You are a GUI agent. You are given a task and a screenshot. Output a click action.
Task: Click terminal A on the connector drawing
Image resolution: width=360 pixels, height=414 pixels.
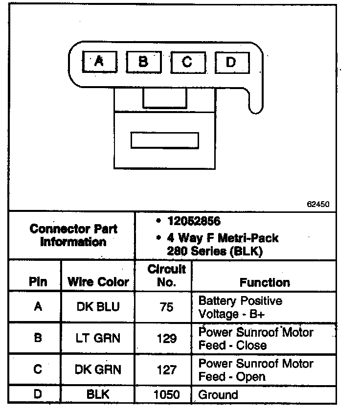[x=99, y=62]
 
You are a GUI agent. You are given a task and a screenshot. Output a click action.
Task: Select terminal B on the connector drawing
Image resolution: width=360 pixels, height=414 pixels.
[x=143, y=62]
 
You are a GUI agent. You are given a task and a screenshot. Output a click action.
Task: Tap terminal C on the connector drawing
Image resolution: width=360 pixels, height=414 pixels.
[x=187, y=62]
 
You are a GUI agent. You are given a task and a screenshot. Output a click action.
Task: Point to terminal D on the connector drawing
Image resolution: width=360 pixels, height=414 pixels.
[x=231, y=62]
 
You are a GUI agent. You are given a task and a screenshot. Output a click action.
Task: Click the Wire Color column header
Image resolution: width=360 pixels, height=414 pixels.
[x=98, y=282]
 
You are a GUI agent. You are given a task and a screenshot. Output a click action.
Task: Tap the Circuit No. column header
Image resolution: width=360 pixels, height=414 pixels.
[x=167, y=276]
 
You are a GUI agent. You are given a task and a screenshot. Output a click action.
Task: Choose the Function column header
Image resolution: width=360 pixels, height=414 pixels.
[x=265, y=282]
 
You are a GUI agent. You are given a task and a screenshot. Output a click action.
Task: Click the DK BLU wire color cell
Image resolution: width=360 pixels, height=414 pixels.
[x=98, y=307]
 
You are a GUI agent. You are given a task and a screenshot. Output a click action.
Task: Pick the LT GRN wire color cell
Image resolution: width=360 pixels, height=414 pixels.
[x=98, y=338]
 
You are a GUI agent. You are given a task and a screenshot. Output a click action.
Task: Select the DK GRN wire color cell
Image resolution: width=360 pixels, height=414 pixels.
[x=98, y=370]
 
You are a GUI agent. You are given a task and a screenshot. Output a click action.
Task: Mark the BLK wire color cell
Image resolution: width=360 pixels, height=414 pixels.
[x=98, y=394]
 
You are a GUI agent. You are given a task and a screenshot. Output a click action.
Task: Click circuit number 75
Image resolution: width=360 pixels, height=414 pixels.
[x=167, y=307]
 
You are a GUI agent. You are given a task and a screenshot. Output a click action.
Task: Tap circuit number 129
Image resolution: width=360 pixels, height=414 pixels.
[x=167, y=338]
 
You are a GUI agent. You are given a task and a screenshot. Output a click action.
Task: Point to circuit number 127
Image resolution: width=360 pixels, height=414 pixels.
[x=167, y=370]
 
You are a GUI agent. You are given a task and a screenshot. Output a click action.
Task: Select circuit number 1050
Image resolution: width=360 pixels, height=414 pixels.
[x=167, y=394]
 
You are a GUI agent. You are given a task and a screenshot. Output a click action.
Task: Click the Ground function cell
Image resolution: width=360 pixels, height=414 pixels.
[x=218, y=394]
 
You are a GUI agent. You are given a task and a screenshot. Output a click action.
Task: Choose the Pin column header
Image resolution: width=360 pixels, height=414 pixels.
[x=38, y=282]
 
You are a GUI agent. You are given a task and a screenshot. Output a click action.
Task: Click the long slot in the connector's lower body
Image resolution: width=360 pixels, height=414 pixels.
[x=164, y=140]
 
